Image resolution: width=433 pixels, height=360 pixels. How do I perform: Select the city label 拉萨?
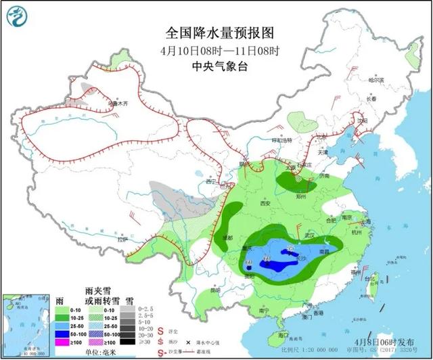click(122, 239)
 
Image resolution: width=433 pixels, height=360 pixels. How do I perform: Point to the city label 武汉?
click(311, 234)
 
